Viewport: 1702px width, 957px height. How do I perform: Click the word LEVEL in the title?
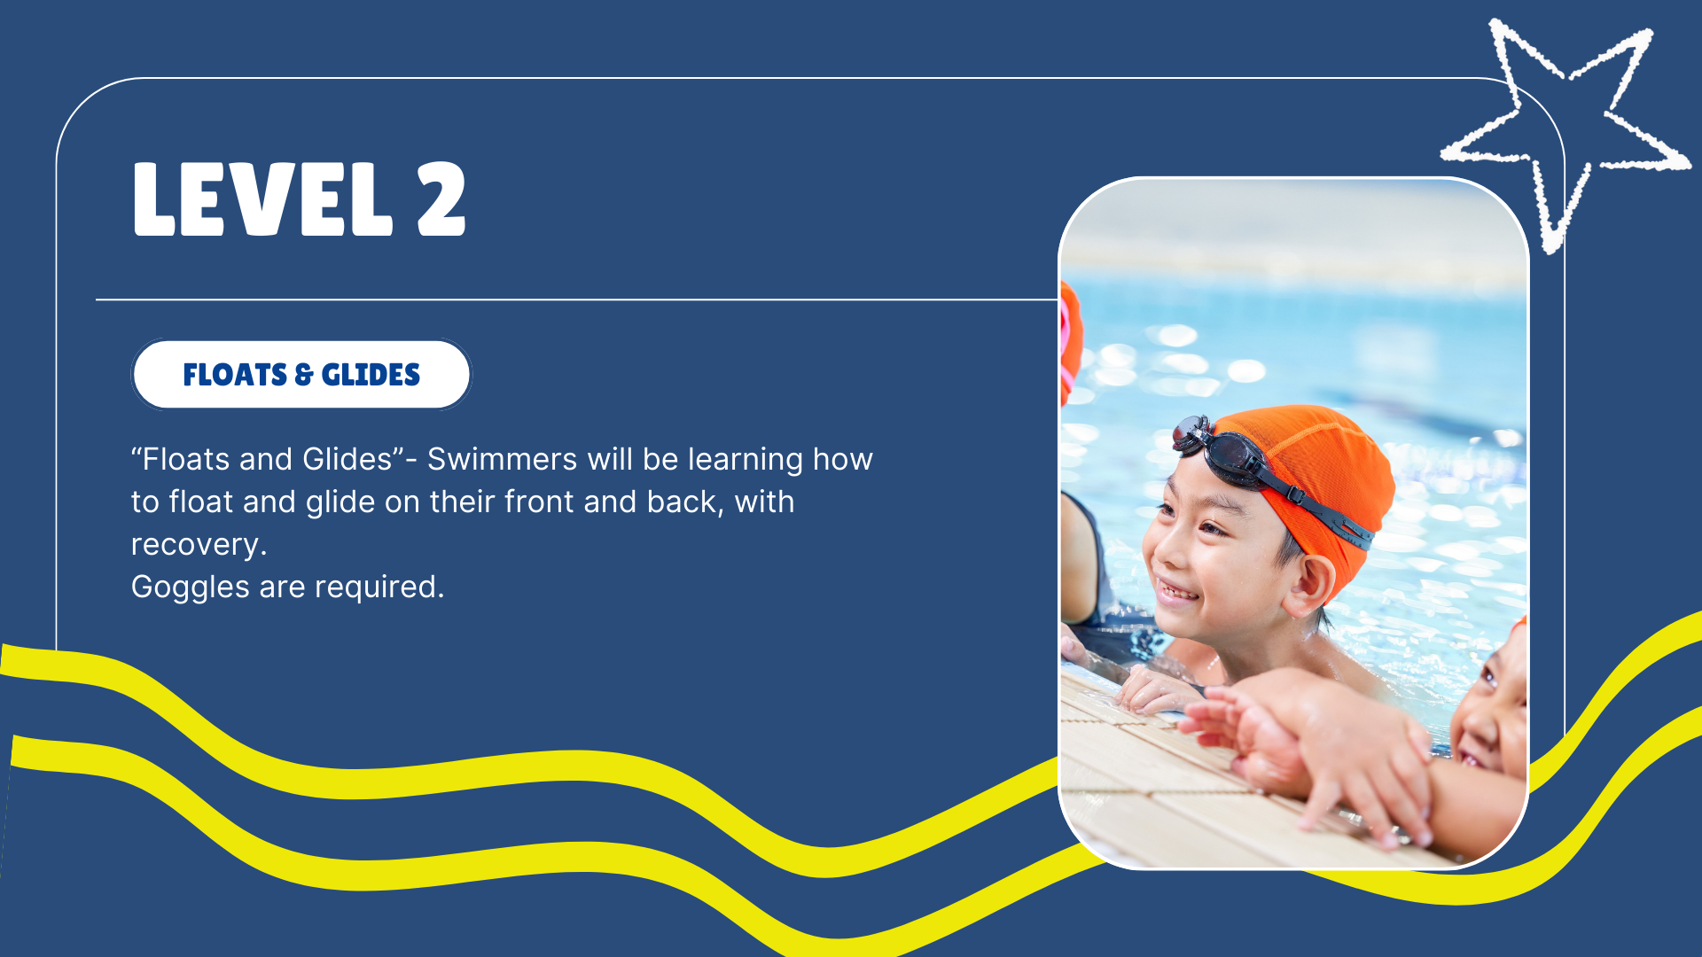tap(262, 199)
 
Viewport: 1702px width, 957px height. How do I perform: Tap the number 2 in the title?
tap(441, 199)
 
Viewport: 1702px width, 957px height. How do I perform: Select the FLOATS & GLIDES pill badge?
tap(301, 375)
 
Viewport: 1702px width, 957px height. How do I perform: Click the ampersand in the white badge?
tap(304, 375)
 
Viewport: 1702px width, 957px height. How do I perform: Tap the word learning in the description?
tap(746, 461)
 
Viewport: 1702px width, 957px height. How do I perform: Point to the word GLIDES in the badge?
tap(371, 375)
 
